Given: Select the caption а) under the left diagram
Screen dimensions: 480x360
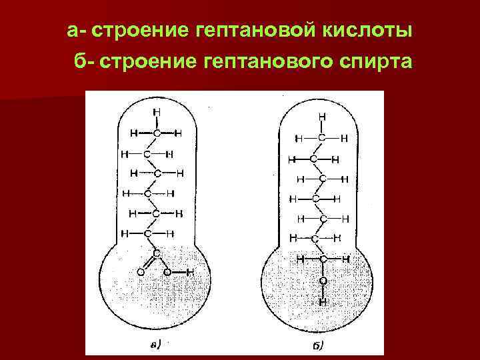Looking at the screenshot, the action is coord(155,345).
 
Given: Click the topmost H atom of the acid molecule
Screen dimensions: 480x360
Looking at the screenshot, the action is coord(156,111).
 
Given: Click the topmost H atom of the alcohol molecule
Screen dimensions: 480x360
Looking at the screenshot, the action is coord(322,116).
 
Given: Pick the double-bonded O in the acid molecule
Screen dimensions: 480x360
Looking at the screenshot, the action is coord(139,271).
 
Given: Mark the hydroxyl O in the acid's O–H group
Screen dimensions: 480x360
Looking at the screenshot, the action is coord(167,271).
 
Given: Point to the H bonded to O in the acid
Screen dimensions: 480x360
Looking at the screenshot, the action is coord(191,271).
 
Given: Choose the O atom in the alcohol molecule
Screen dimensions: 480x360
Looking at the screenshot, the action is coord(323,281).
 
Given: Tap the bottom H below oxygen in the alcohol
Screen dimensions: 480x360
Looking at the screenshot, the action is coord(323,301).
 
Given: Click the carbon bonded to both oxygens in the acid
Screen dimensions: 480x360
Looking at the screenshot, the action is coord(156,253).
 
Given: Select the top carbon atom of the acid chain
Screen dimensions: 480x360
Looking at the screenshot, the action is coord(156,133).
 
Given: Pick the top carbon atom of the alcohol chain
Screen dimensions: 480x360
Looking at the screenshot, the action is coord(322,138).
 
